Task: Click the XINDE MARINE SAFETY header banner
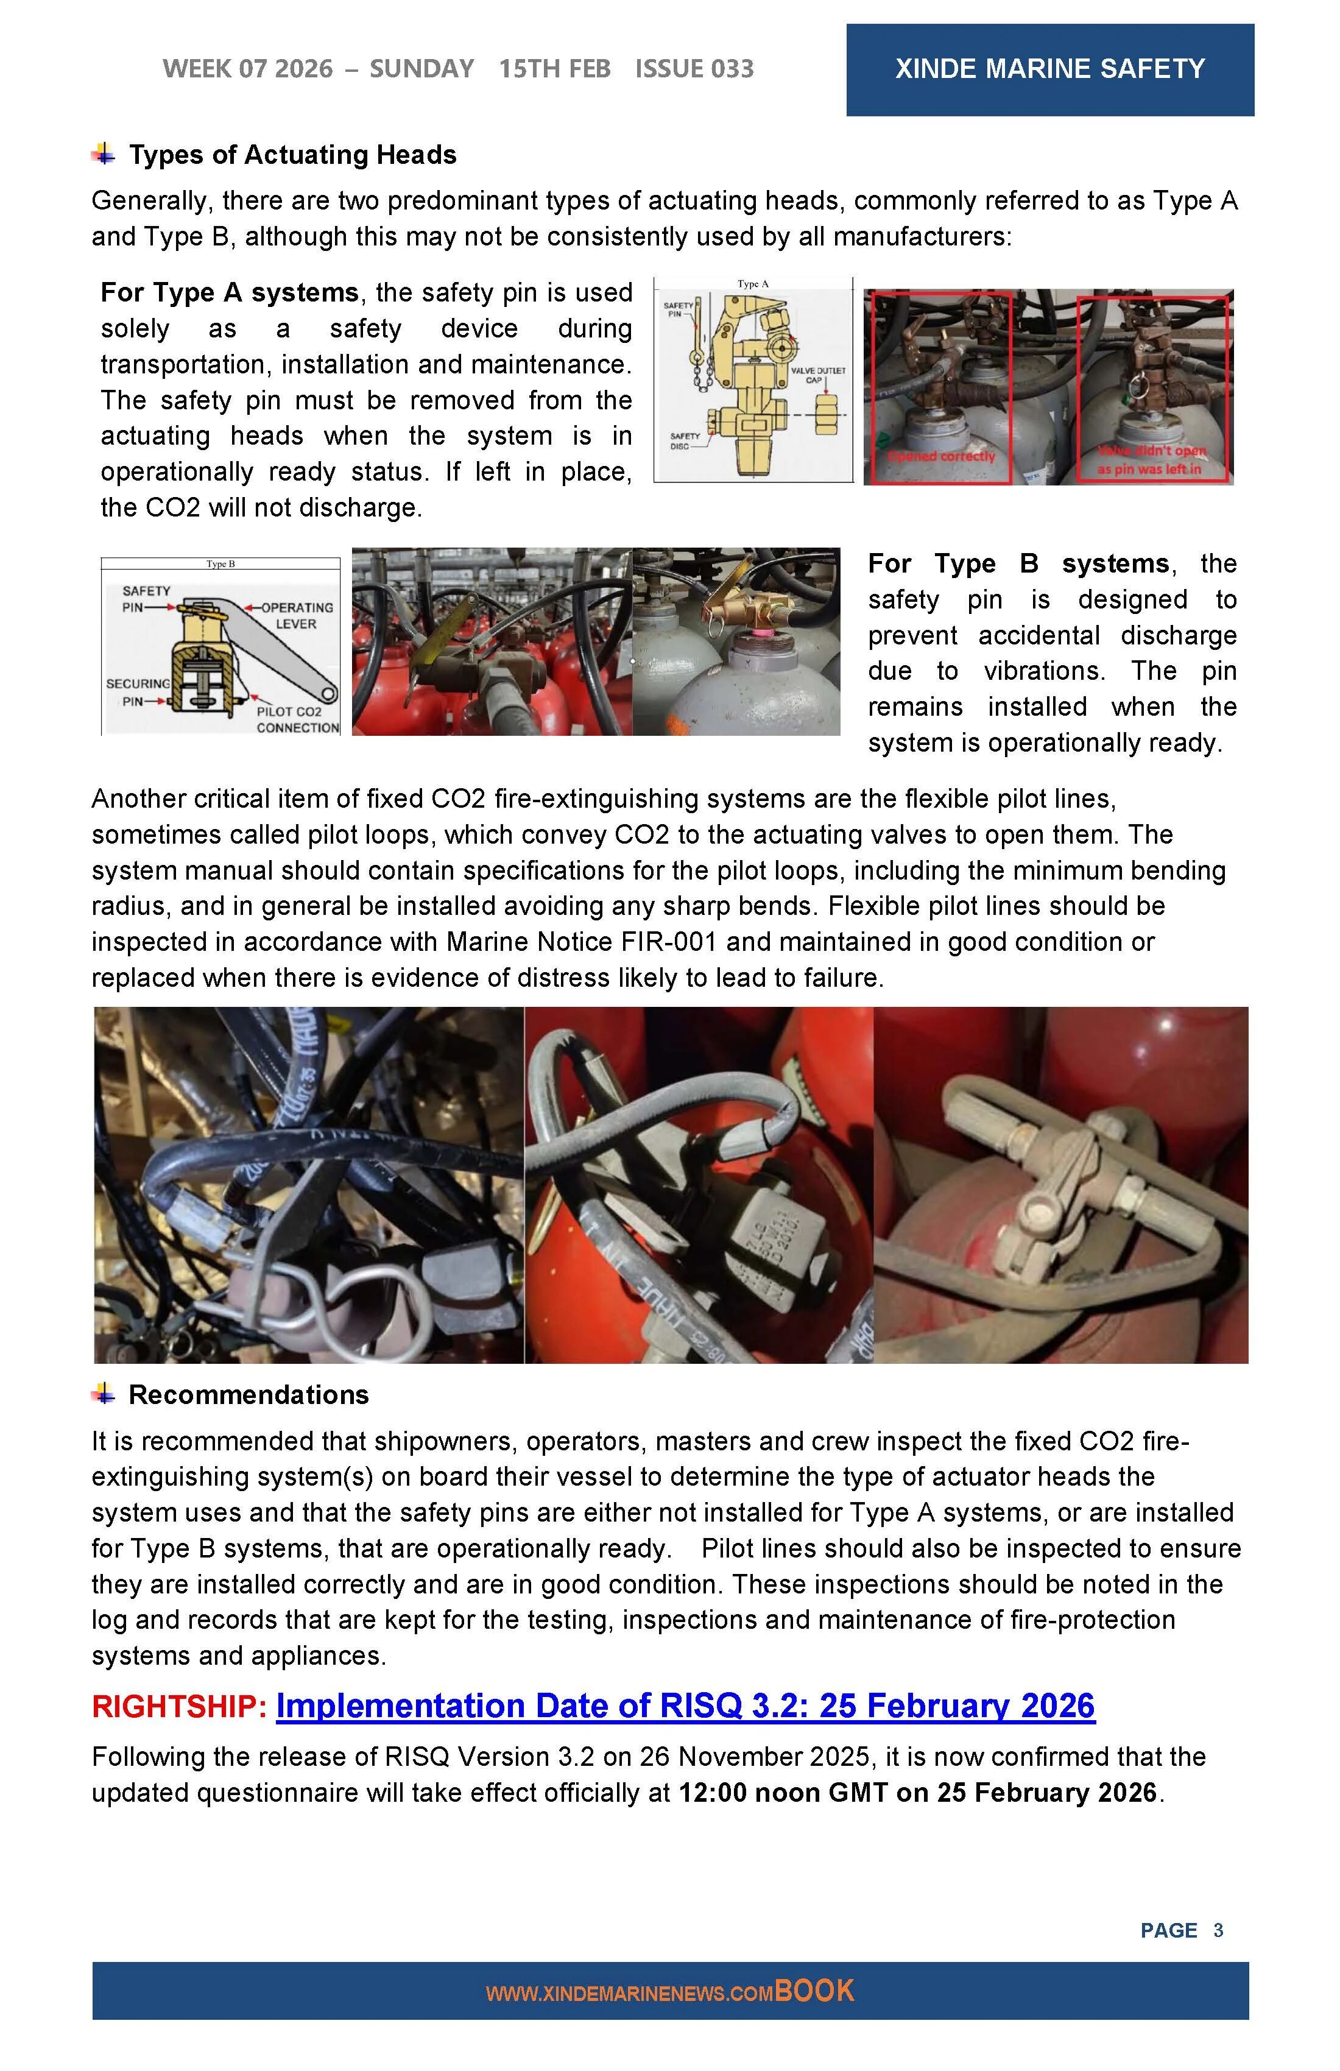tap(1049, 69)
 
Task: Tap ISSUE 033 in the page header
tap(694, 69)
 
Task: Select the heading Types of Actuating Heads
tap(292, 155)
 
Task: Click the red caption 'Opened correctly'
tap(942, 457)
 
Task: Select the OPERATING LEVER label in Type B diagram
tap(297, 615)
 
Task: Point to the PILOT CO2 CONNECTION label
tap(297, 719)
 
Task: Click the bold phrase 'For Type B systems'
tap(1018, 564)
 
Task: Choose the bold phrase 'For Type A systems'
tap(230, 292)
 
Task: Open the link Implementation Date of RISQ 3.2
tap(685, 1706)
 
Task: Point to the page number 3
tap(1218, 1930)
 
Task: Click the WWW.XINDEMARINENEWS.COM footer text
tap(629, 1994)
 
